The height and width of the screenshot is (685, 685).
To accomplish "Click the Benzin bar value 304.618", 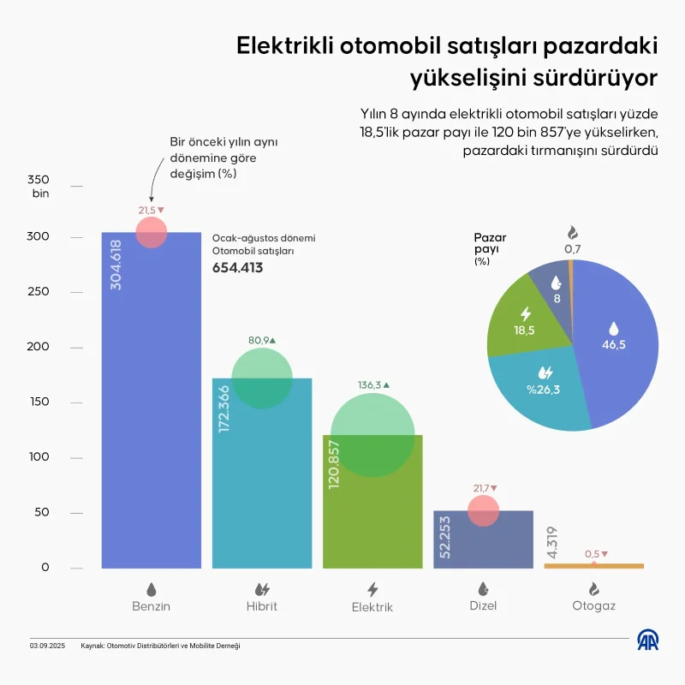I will click(116, 265).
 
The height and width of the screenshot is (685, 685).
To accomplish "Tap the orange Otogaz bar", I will click(593, 566).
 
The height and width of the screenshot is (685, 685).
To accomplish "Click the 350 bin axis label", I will click(40, 187).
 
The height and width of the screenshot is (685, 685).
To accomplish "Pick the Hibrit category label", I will click(262, 606).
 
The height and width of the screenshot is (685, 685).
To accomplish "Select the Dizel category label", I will click(482, 605).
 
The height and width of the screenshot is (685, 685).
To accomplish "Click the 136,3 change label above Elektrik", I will click(372, 385).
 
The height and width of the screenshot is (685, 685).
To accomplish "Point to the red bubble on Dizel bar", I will click(483, 511).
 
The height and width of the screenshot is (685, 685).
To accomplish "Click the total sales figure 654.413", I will click(237, 267).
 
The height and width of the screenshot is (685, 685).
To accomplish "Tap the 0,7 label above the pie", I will click(572, 248).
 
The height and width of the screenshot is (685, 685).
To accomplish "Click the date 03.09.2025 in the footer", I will click(47, 646).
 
